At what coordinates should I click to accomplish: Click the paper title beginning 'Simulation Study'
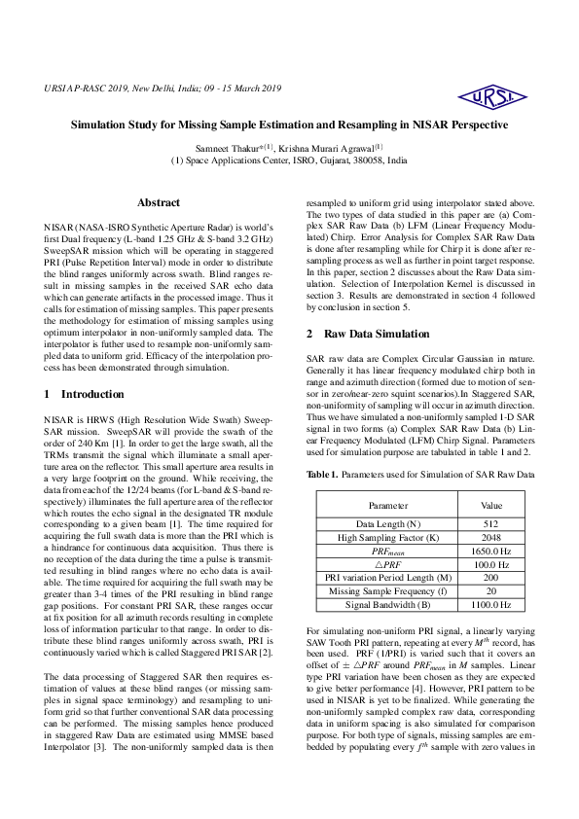pyautogui.click(x=289, y=125)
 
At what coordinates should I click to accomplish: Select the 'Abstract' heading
pyautogui.click(x=159, y=202)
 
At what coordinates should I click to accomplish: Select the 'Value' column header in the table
pyautogui.click(x=492, y=506)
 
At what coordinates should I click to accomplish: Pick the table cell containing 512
pyautogui.click(x=492, y=523)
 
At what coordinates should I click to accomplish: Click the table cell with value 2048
pyautogui.click(x=492, y=536)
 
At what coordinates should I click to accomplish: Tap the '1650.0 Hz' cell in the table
pyautogui.click(x=492, y=550)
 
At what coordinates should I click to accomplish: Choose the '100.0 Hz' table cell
pyautogui.click(x=492, y=563)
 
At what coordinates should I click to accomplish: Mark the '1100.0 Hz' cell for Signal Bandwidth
pyautogui.click(x=492, y=604)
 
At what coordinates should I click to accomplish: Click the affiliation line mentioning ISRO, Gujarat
pyautogui.click(x=289, y=160)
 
